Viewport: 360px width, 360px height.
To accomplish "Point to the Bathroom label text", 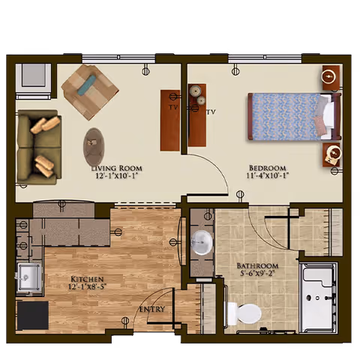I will [257, 266].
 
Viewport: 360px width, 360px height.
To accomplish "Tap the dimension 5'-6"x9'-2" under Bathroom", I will [257, 274].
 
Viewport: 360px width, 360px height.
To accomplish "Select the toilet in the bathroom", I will [244, 312].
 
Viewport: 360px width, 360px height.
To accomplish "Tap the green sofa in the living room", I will [37, 148].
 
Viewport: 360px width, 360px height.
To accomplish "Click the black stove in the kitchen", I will [32, 315].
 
